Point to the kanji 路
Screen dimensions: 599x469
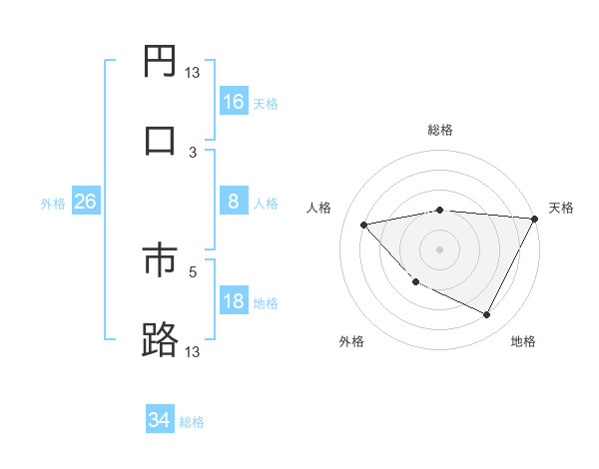(160, 339)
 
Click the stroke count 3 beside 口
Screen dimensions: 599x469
(193, 152)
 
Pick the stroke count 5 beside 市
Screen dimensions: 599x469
(193, 269)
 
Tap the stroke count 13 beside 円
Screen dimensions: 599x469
(193, 72)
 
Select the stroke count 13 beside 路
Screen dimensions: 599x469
(193, 351)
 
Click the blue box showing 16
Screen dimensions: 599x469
(234, 102)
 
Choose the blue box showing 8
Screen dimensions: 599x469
(234, 202)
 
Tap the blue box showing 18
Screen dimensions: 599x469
(234, 302)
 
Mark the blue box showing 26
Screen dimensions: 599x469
(86, 202)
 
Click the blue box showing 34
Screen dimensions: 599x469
(160, 420)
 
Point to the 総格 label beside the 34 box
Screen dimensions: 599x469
(192, 422)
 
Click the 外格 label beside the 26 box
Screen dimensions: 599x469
(53, 204)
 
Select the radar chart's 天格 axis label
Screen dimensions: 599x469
(561, 208)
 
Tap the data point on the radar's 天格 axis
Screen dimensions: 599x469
(536, 219)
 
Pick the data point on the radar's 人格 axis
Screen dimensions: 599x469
(364, 225)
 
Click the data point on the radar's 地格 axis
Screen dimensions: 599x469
(487, 315)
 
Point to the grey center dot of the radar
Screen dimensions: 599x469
(439, 248)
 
